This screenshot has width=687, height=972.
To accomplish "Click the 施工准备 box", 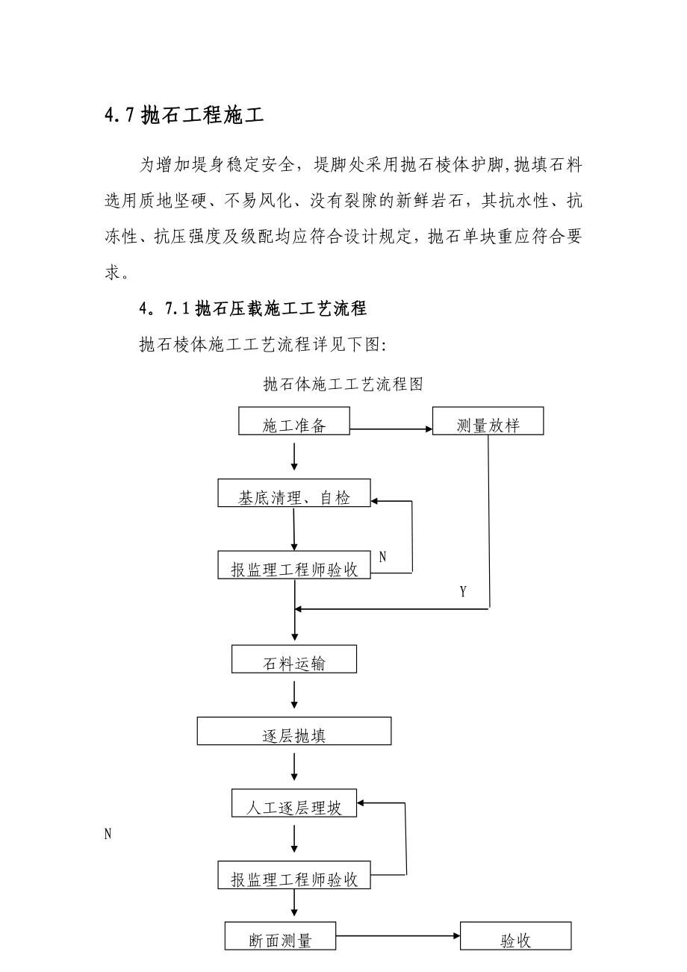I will pos(294,421).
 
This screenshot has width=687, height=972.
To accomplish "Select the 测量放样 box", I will pos(488,421).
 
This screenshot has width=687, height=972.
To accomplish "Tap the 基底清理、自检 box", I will pos(294,493).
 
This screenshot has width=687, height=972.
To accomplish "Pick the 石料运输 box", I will pos(294,659).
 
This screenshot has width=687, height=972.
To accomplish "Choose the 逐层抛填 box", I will pos(294,731).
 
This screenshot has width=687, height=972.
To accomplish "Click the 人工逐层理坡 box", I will pos(294,803).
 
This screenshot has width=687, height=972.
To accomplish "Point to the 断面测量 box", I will pos(280,936).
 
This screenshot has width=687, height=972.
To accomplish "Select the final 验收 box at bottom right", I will pos(515,936).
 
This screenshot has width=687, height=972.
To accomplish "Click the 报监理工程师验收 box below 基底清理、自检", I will pos(294,565).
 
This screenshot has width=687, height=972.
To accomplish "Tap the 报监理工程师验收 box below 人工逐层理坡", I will pos(294,875).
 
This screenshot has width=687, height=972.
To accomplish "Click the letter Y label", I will pos(463,592).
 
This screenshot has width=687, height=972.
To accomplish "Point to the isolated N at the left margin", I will pos(108,834).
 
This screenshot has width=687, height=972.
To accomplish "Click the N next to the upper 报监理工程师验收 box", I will pos(382,556).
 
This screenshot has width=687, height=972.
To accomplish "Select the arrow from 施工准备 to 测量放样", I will pos(391,429).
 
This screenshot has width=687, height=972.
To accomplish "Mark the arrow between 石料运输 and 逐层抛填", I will pos(295,694).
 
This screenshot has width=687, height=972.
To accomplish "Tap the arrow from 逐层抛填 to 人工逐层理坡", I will pos(295,767).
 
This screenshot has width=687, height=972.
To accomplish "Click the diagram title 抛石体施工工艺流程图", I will pos(343,384).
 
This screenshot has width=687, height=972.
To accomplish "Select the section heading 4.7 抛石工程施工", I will pos(184,117).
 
